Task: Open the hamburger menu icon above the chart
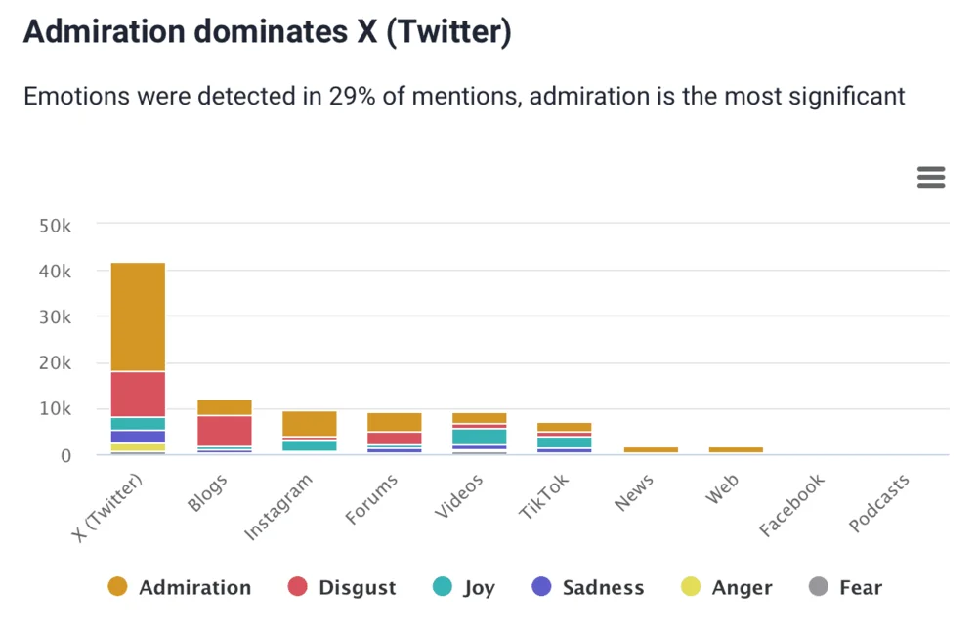pyautogui.click(x=931, y=177)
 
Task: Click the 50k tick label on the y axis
pyautogui.click(x=54, y=225)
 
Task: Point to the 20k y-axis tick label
pyautogui.click(x=54, y=363)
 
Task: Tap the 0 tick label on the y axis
pyautogui.click(x=65, y=455)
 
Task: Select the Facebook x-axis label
pyautogui.click(x=793, y=504)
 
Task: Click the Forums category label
pyautogui.click(x=373, y=498)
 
